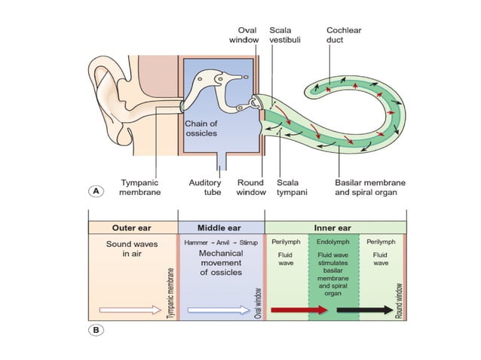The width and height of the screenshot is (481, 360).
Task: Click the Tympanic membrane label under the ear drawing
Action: click(139, 188)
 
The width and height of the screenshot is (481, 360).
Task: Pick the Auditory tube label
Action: click(205, 188)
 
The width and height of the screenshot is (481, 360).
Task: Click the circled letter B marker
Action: click(96, 328)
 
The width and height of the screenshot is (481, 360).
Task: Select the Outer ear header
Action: click(133, 227)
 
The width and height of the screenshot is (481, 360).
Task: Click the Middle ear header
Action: click(221, 227)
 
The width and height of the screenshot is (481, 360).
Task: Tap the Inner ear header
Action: click(335, 227)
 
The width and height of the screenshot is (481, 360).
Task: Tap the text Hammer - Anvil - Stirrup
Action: click(221, 243)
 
